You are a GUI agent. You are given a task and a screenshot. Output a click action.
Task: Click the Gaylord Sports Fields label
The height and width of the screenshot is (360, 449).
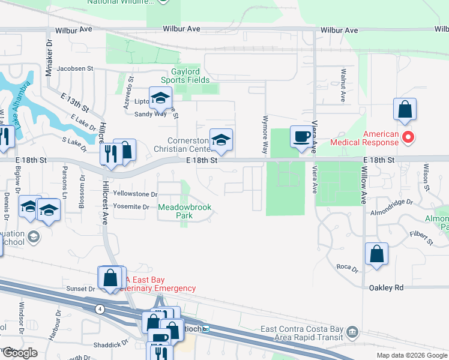pyautogui.click(x=185, y=75)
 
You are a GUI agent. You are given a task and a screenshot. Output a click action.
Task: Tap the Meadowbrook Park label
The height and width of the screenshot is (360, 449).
pyautogui.click(x=185, y=211)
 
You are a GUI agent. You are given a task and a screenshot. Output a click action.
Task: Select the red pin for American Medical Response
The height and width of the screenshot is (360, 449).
pyautogui.click(x=408, y=137)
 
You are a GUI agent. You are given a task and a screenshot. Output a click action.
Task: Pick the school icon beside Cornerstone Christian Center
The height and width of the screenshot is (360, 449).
pyautogui.click(x=221, y=140)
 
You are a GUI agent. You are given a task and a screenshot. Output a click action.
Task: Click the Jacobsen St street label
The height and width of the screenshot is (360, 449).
pyautogui.click(x=75, y=68)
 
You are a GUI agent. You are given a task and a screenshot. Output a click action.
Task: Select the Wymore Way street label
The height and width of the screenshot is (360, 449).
pyautogui.click(x=265, y=135)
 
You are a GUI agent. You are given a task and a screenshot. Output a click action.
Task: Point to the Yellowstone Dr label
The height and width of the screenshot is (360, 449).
pyautogui.click(x=135, y=194)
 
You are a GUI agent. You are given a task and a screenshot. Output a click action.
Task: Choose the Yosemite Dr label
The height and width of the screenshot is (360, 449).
pyautogui.click(x=131, y=206)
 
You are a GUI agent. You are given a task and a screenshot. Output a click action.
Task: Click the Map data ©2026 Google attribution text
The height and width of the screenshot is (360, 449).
pyautogui.click(x=411, y=355)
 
